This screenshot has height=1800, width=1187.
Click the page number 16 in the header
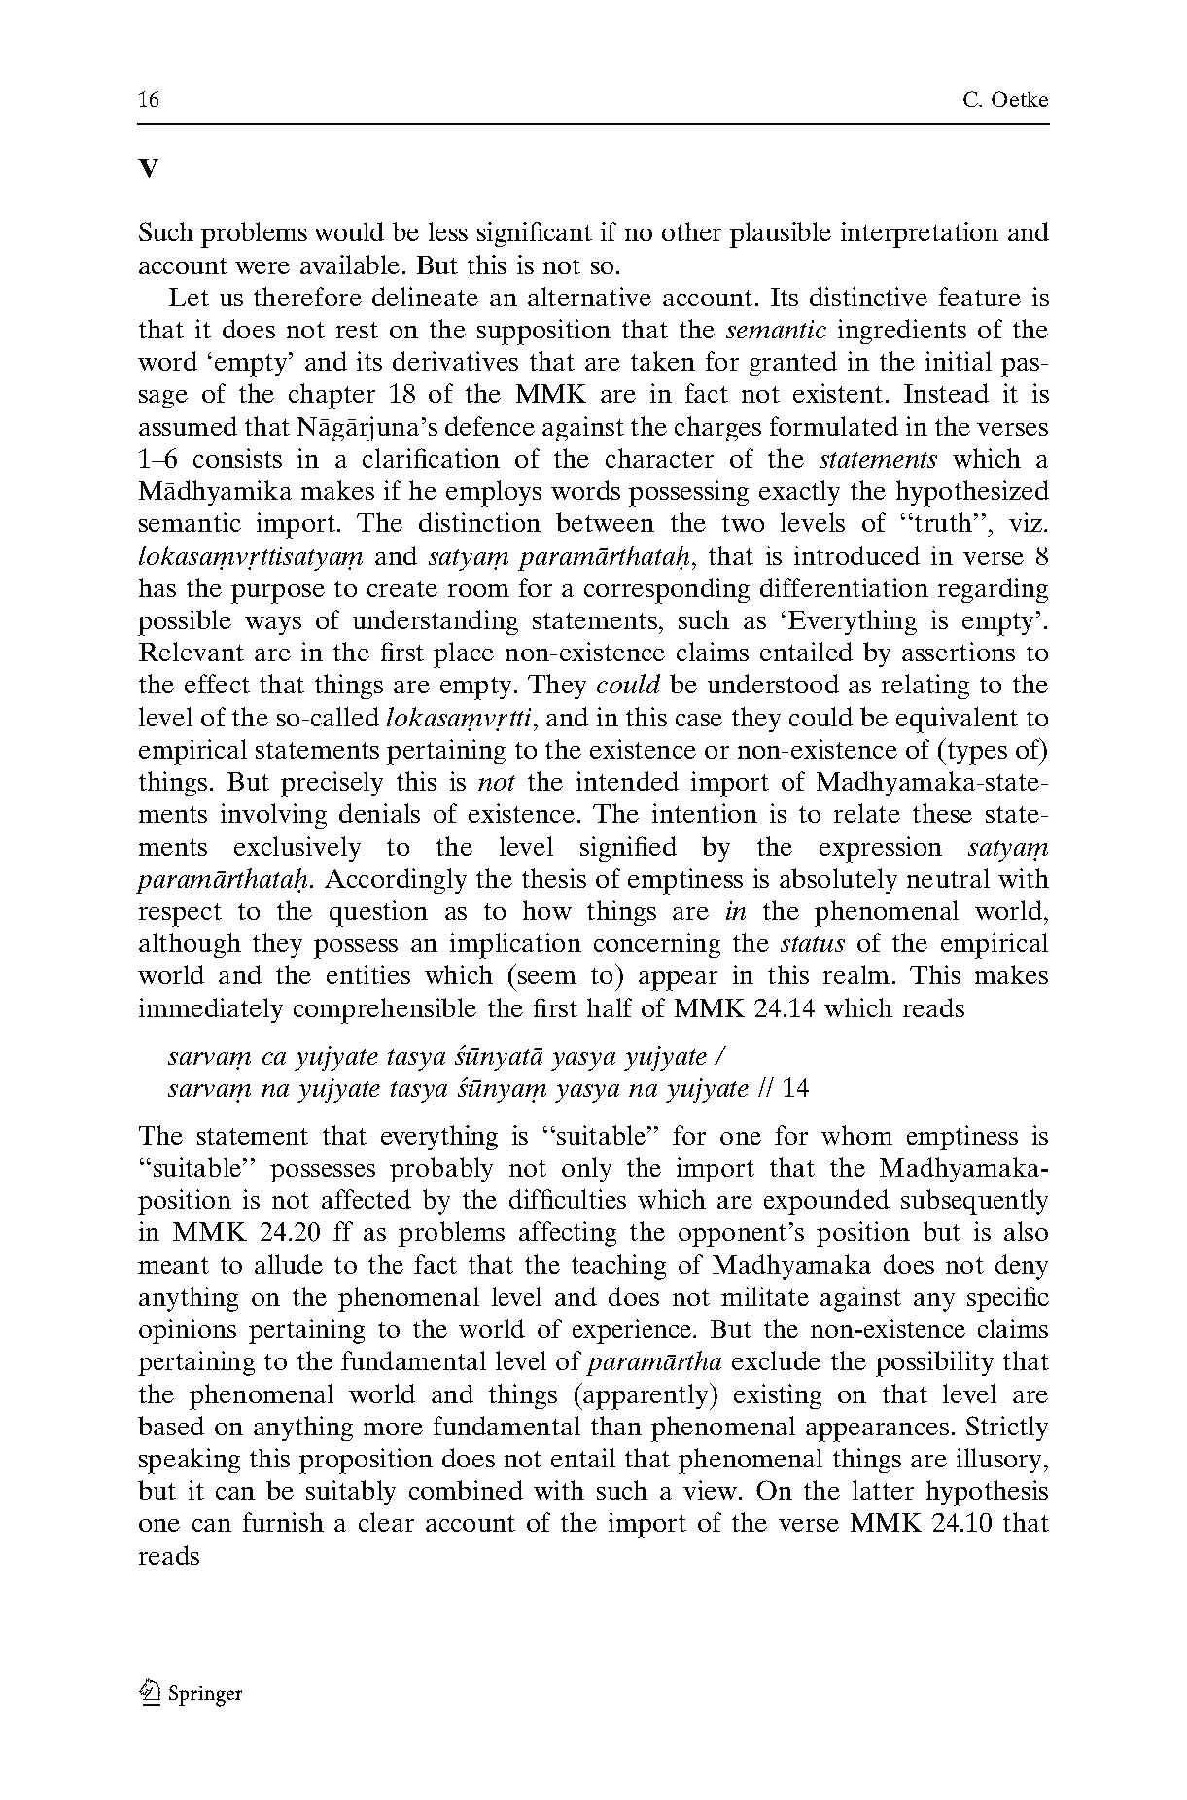coord(149,100)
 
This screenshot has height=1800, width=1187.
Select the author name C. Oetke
coord(1006,100)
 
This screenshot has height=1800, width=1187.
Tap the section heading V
coord(148,169)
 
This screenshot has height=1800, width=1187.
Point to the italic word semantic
coord(777,330)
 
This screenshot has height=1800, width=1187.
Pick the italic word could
coord(628,686)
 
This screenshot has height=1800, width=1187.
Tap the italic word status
coord(814,944)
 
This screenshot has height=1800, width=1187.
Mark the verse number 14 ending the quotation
coord(794,1088)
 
